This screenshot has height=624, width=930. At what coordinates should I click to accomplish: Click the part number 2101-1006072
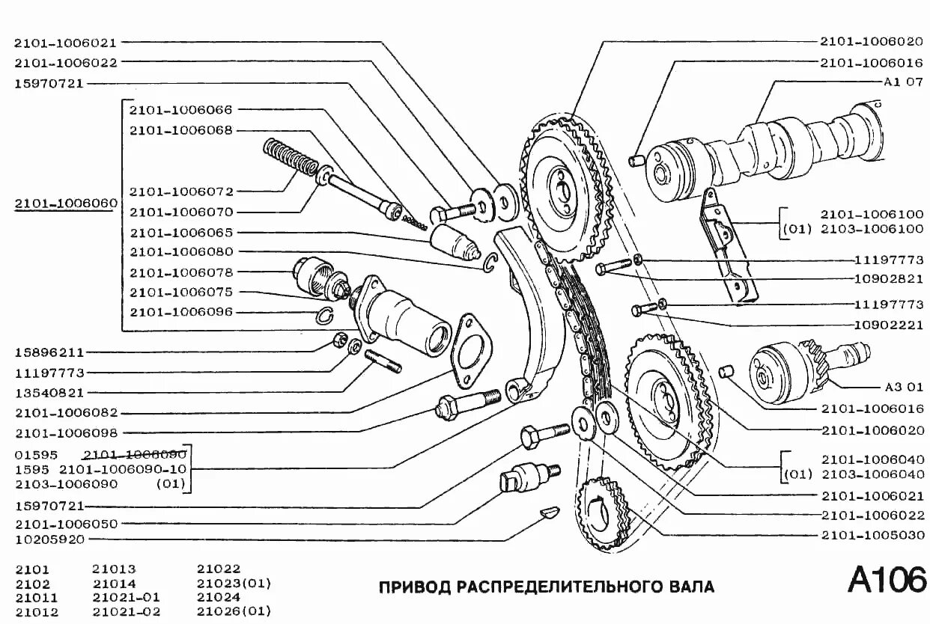(181, 192)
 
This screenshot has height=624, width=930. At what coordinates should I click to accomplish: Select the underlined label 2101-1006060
(66, 203)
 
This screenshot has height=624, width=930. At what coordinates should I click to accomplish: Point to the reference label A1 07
(903, 82)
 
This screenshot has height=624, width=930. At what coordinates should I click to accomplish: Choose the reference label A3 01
(903, 388)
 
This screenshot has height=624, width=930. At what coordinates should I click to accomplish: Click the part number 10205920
(49, 539)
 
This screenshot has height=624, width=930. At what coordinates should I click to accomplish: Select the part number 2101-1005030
(872, 535)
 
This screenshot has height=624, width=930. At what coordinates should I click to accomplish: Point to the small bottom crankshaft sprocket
(604, 515)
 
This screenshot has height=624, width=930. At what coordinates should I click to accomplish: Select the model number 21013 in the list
(115, 569)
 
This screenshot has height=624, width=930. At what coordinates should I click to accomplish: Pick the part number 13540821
(49, 392)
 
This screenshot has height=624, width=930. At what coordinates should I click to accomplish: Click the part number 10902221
(888, 325)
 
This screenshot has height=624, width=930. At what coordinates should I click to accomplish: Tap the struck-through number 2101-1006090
(135, 454)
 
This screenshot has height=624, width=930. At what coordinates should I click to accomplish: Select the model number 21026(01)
(234, 611)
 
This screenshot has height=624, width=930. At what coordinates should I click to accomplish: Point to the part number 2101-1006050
(66, 524)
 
